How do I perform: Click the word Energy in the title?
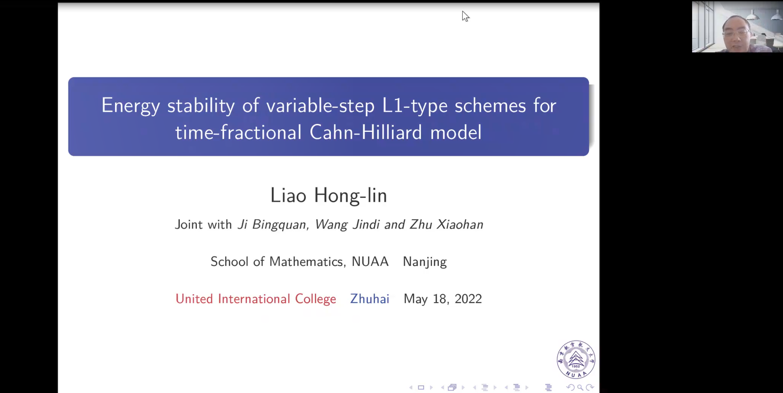pyautogui.click(x=130, y=106)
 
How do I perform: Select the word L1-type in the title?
pyautogui.click(x=415, y=106)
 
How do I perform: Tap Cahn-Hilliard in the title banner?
pyautogui.click(x=366, y=132)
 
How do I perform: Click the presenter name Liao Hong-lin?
pyautogui.click(x=328, y=195)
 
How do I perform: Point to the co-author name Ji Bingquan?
pyautogui.click(x=271, y=224)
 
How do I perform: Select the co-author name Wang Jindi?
pyautogui.click(x=347, y=224)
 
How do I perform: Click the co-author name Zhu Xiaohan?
pyautogui.click(x=446, y=224)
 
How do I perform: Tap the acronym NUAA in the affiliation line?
pyautogui.click(x=370, y=261)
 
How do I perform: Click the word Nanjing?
pyautogui.click(x=425, y=262)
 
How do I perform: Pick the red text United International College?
pyautogui.click(x=256, y=299)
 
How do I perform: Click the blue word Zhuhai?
pyautogui.click(x=370, y=299)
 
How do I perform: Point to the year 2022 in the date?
pyautogui.click(x=468, y=299)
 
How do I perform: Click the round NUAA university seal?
pyautogui.click(x=576, y=360)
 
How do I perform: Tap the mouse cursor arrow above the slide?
pyautogui.click(x=465, y=16)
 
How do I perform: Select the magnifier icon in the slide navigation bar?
pyautogui.click(x=580, y=387)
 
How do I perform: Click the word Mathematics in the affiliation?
pyautogui.click(x=306, y=261)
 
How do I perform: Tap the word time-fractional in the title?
pyautogui.click(x=238, y=132)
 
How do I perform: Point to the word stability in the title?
pyautogui.click(x=201, y=106)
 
